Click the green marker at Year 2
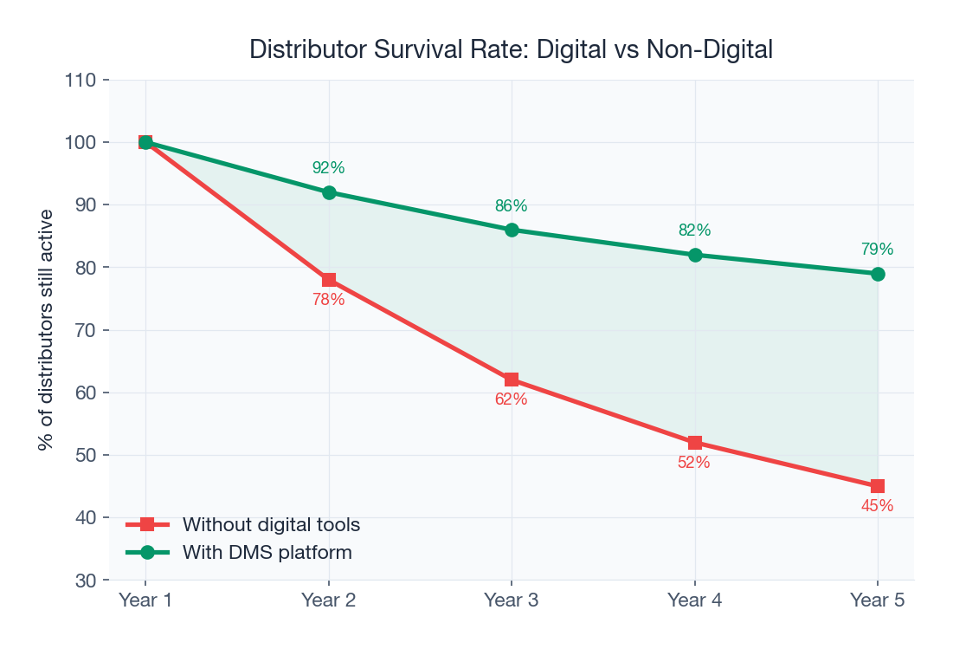(x=329, y=192)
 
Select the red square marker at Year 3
(x=512, y=380)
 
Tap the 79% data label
(x=877, y=250)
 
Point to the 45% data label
(x=877, y=506)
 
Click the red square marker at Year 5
(x=878, y=486)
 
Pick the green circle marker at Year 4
(x=694, y=255)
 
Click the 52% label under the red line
(x=693, y=463)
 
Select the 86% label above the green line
(x=511, y=206)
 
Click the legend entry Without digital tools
(x=270, y=525)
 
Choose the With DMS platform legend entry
(x=267, y=553)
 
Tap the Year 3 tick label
(x=511, y=600)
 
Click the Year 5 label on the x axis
(x=877, y=600)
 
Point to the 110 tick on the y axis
(x=80, y=81)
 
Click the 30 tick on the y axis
(x=84, y=581)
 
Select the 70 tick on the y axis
(x=84, y=330)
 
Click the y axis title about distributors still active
(x=46, y=329)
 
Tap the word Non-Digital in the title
(x=710, y=49)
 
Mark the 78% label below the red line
(x=328, y=300)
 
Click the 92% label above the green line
(x=328, y=168)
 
